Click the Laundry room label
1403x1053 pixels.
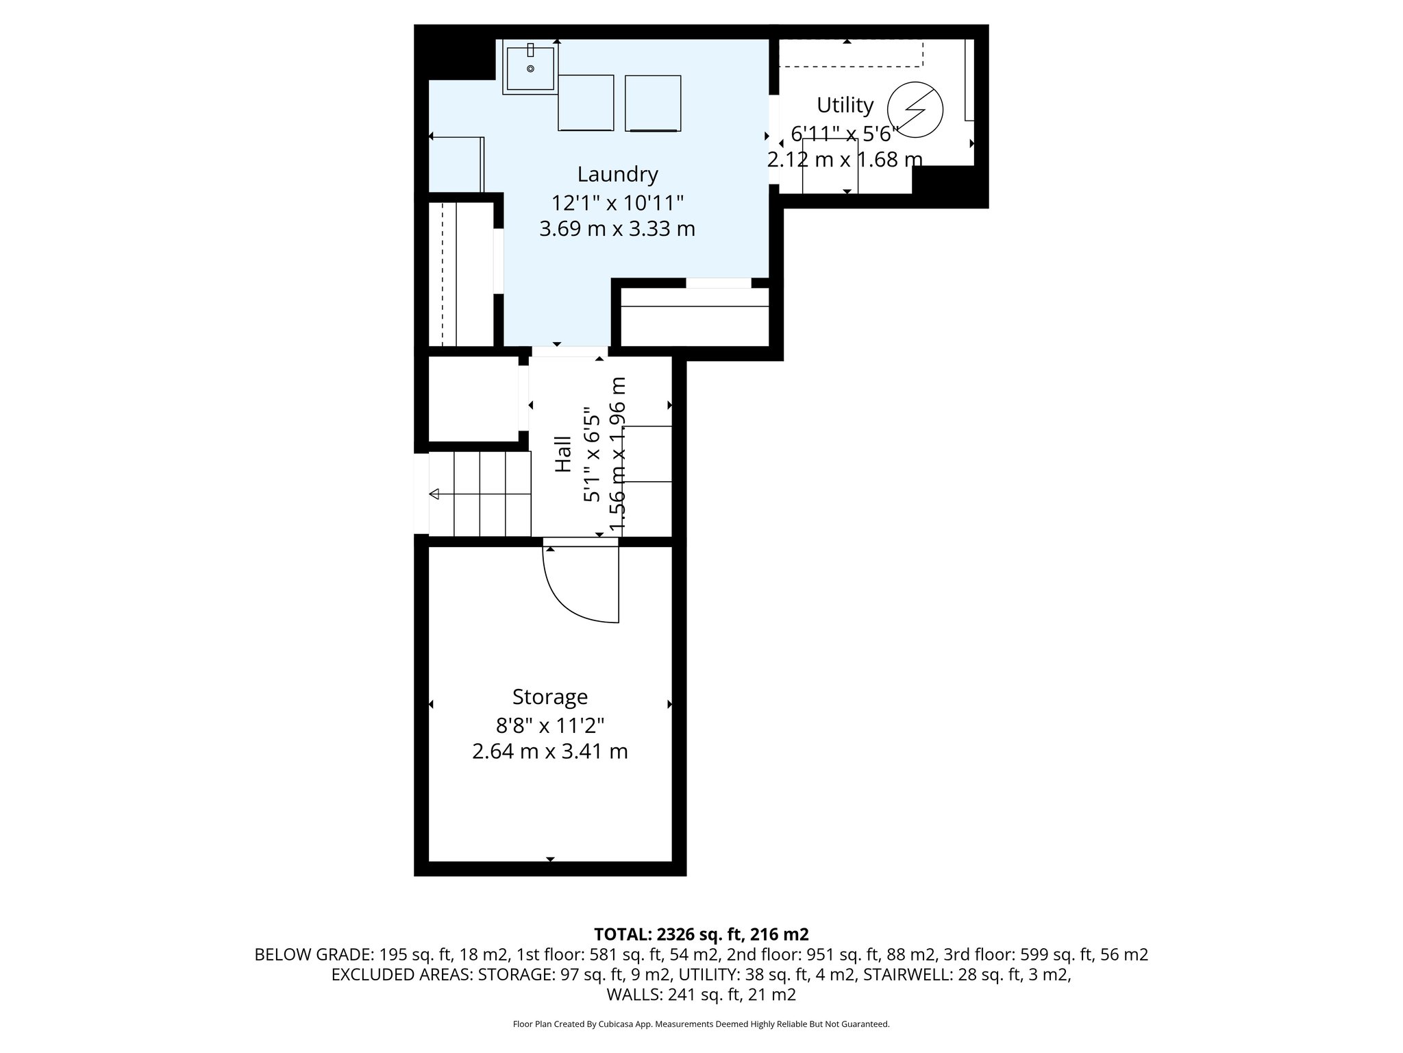point(617,174)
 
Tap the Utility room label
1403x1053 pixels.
point(845,105)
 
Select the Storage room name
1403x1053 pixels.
point(550,697)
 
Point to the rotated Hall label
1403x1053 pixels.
point(562,454)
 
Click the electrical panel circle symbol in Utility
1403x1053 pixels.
point(915,110)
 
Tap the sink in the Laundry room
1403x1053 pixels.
point(530,67)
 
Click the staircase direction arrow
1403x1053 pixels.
point(434,494)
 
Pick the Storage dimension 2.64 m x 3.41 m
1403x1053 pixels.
point(550,751)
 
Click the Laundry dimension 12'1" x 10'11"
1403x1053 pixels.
point(617,203)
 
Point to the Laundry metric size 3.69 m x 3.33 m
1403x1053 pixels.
point(617,229)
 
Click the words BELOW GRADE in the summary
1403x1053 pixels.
point(312,954)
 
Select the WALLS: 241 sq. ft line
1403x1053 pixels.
point(701,994)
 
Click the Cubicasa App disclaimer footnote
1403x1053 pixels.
point(701,1024)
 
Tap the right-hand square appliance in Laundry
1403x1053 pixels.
point(653,103)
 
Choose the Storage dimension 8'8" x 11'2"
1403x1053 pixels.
point(550,725)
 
